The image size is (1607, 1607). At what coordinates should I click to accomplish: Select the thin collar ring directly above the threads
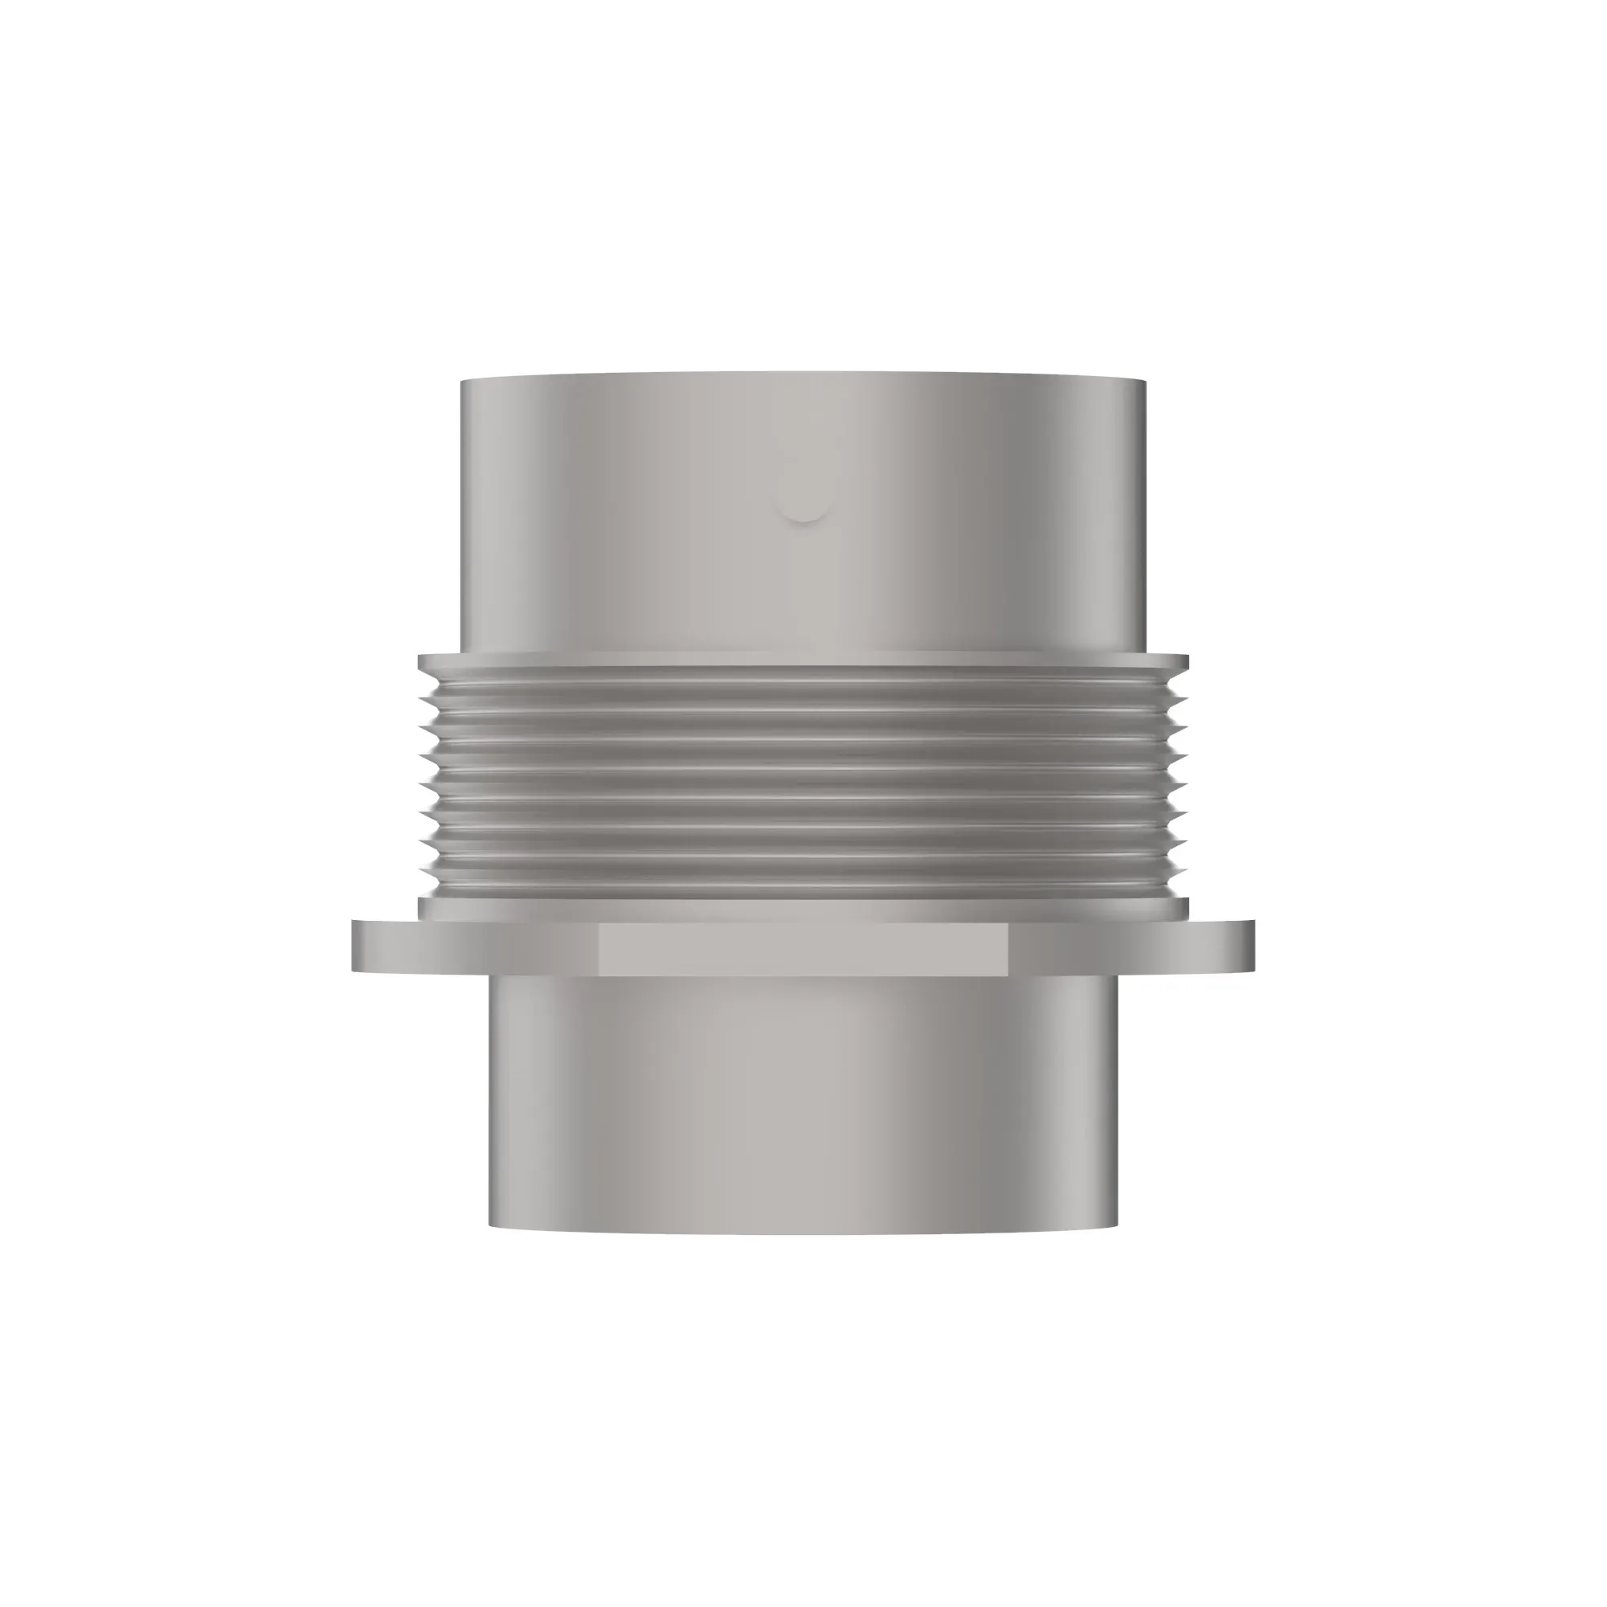click(x=803, y=662)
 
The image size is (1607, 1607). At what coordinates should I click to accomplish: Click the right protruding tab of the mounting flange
click(x=1216, y=947)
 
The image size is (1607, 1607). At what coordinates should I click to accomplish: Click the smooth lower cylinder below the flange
click(x=803, y=1106)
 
